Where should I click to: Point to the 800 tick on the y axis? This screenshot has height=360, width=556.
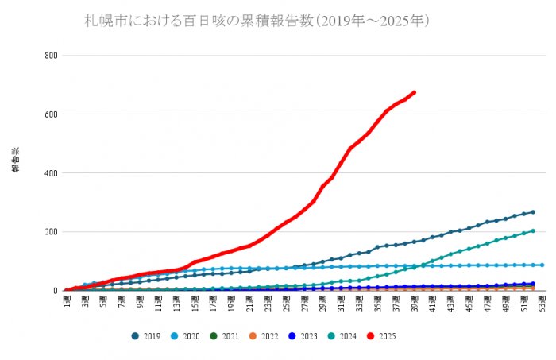[52, 56]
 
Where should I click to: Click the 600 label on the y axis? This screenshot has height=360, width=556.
[52, 114]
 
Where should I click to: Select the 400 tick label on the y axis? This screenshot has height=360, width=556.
[52, 173]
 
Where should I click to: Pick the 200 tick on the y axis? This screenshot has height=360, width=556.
[52, 232]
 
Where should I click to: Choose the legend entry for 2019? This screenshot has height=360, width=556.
[146, 336]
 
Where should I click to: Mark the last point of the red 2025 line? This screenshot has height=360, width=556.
[414, 92]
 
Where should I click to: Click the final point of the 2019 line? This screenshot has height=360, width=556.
[532, 212]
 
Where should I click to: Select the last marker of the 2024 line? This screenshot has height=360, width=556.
[532, 231]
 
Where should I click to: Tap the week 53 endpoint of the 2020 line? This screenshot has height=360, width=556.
[542, 265]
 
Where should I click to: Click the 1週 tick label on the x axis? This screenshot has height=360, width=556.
[68, 302]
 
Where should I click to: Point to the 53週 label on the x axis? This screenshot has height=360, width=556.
[542, 302]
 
